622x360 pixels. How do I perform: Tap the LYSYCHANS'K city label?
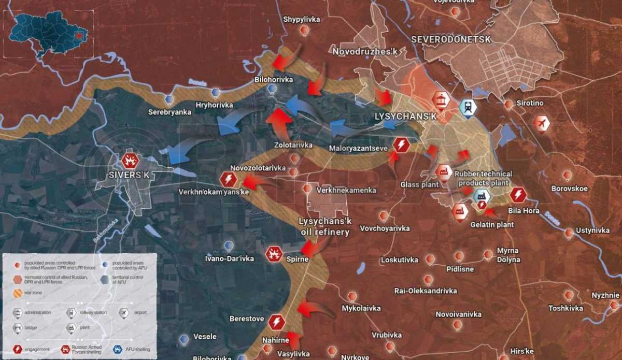click(x=406, y=117)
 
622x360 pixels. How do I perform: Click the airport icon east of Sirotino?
click(x=542, y=124)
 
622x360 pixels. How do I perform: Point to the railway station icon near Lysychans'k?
click(x=468, y=107)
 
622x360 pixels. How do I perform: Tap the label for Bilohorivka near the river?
click(x=274, y=80)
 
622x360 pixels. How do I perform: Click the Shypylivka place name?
click(x=302, y=20)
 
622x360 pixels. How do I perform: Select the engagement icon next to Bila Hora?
click(x=518, y=195)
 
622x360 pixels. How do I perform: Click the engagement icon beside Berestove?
click(x=277, y=322)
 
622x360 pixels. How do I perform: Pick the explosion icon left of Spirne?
click(x=274, y=254)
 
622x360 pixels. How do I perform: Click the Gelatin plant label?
click(x=492, y=225)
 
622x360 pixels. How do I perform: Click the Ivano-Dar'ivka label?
click(x=229, y=258)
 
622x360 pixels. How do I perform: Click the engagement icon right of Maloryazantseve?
click(x=401, y=145)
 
